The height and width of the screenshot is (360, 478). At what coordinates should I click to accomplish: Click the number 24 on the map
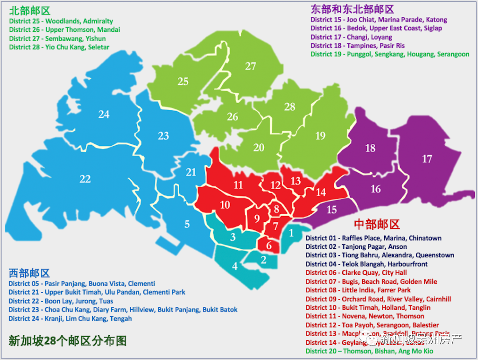104,114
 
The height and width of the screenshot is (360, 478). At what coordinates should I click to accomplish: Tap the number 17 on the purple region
427,159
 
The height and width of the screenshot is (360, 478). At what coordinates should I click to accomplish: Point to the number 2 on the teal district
263,260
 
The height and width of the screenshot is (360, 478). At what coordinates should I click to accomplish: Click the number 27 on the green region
251,66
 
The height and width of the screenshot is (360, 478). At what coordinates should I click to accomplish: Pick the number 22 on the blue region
85,179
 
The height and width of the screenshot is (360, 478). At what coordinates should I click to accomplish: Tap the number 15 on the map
331,210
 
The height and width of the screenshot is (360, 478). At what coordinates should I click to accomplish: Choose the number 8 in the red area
276,209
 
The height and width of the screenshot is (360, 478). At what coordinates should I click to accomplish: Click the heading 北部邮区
29,11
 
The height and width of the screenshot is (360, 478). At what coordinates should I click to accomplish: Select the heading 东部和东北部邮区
352,9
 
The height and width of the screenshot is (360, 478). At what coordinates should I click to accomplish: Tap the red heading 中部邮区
377,225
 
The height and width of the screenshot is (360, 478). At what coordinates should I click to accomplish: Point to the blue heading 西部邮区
29,273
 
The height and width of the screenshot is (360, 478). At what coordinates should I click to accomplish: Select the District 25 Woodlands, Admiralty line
61,21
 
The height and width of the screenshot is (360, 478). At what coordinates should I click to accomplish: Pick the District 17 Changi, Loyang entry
351,37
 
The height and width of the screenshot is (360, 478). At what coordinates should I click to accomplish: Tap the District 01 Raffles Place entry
373,238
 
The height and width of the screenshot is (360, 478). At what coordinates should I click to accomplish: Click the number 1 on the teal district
292,232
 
